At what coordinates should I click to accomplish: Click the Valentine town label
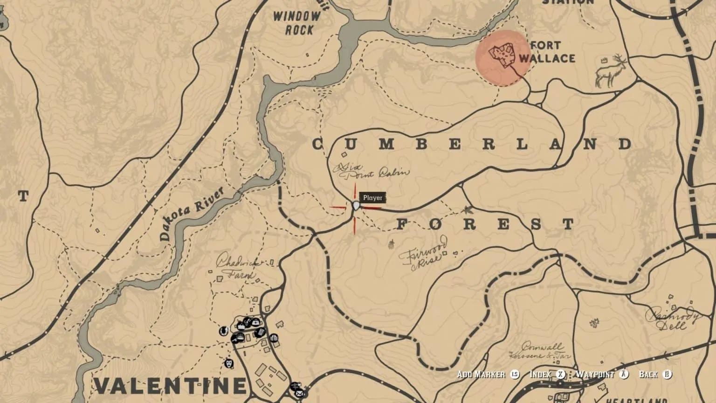coord(170,386)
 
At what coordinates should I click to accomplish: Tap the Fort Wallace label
coord(547,52)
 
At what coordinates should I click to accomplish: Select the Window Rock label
coord(297,23)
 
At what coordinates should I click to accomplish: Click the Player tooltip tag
coord(372,198)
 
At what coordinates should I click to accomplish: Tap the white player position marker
coord(357,206)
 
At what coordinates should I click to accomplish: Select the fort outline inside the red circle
coord(501,56)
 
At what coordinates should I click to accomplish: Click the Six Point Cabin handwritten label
coord(373,171)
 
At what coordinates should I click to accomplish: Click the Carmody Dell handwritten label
coord(674,318)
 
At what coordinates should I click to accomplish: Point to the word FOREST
coord(485,224)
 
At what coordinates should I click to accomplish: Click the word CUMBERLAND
coord(471,144)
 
